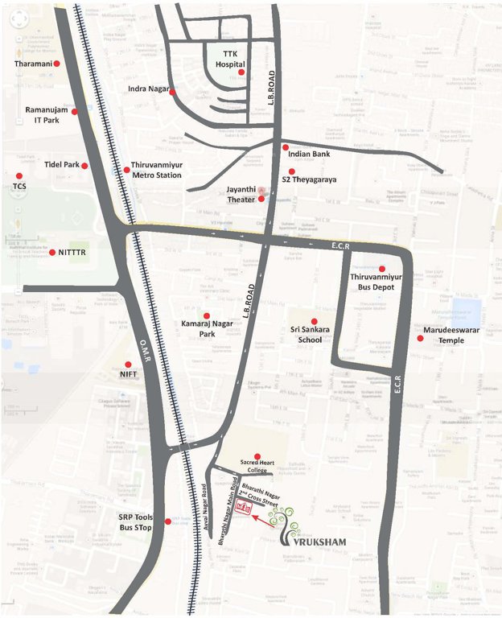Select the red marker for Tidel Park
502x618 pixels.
84,165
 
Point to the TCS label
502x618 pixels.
19,186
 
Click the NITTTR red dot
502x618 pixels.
52,252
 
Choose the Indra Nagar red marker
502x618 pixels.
172,92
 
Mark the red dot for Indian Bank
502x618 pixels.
285,147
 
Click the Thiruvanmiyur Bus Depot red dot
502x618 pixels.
382,269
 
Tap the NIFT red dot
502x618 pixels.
128,365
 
